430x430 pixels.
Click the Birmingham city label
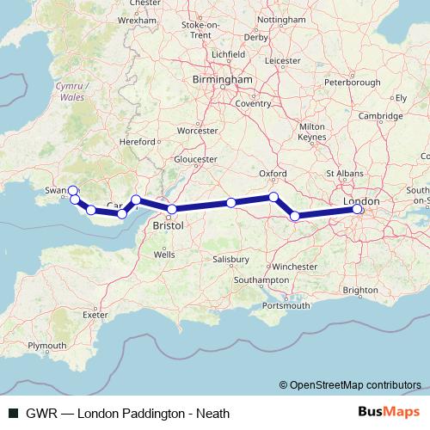pos(223,79)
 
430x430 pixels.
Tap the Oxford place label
pos(273,173)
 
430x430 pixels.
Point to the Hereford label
pos(138,141)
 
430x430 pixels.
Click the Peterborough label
pos(353,83)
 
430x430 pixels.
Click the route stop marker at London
pos(359,208)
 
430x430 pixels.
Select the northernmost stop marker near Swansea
pos(72,191)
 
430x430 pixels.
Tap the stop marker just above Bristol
pos(172,209)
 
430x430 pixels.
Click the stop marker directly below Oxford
pos(274,198)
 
